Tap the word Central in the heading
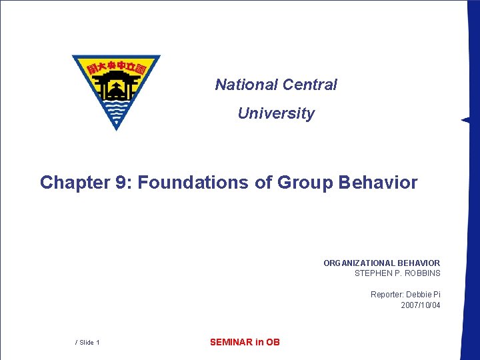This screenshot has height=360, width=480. pos(310,85)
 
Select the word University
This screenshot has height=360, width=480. pos(275,114)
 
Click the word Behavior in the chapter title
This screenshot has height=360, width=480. pos(378,183)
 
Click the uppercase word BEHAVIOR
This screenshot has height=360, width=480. pos(416,263)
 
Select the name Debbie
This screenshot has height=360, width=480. pos(420,295)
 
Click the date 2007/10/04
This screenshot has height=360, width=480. pos(420,305)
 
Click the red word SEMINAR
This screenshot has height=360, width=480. pos(231,342)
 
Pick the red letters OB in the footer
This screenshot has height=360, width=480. pos(273,342)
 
